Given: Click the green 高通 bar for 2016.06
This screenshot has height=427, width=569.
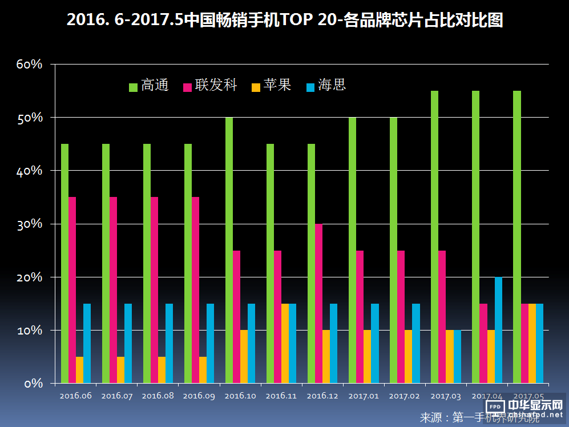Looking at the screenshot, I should pyautogui.click(x=64, y=263).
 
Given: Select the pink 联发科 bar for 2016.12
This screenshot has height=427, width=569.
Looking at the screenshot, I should pyautogui.click(x=318, y=303).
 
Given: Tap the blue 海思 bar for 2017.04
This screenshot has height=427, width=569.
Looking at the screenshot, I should pyautogui.click(x=498, y=330).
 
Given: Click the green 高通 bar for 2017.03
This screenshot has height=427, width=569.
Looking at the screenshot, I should pyautogui.click(x=434, y=237).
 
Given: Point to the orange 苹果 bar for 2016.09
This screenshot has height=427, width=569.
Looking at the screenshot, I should pyautogui.click(x=203, y=370).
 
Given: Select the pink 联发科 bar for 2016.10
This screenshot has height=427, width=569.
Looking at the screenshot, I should pyautogui.click(x=236, y=317).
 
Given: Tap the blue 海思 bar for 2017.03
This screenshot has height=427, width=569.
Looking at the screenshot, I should pyautogui.click(x=457, y=357).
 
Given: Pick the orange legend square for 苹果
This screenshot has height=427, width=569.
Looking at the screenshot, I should pyautogui.click(x=256, y=87).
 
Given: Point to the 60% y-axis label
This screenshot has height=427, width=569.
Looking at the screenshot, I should pyautogui.click(x=30, y=65).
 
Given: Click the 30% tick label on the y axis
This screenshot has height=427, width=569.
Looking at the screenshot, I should pyautogui.click(x=30, y=224).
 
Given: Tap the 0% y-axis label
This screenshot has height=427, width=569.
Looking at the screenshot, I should pyautogui.click(x=33, y=383).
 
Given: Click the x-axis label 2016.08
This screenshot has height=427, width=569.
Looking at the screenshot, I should pyautogui.click(x=158, y=395).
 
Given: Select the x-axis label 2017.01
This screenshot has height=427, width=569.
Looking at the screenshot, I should pyautogui.click(x=363, y=395).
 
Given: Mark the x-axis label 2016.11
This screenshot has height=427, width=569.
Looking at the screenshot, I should pyautogui.click(x=281, y=395).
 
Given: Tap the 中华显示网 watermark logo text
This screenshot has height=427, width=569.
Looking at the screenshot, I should pyautogui.click(x=535, y=405).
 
